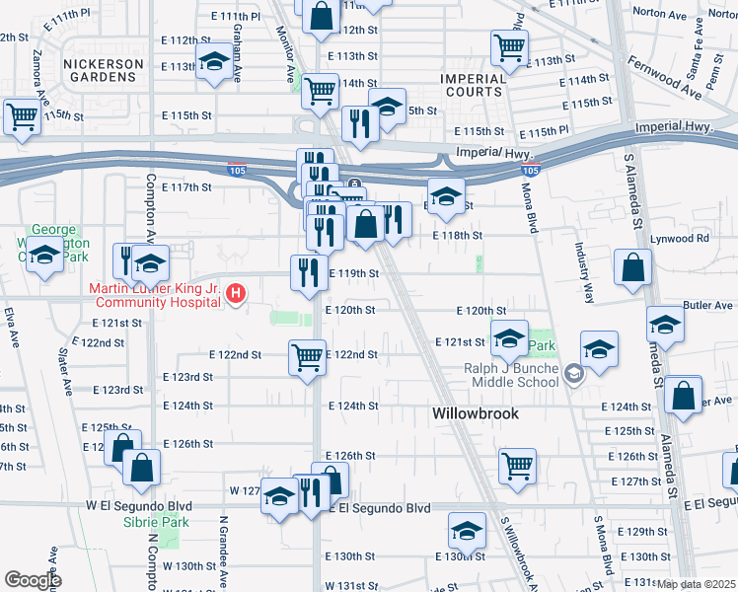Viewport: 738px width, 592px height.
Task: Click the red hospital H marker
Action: [x=236, y=293]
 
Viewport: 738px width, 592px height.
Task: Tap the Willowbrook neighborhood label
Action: [x=476, y=414]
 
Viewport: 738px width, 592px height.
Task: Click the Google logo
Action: [x=33, y=579]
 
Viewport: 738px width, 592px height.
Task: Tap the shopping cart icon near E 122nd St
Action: [x=308, y=356]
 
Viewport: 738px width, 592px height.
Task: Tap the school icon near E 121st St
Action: [x=509, y=340]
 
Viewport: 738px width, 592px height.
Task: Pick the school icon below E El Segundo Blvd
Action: [x=467, y=531]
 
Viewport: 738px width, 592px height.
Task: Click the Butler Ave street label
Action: [x=706, y=306]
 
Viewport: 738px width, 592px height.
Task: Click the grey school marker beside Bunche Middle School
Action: [x=576, y=375]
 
